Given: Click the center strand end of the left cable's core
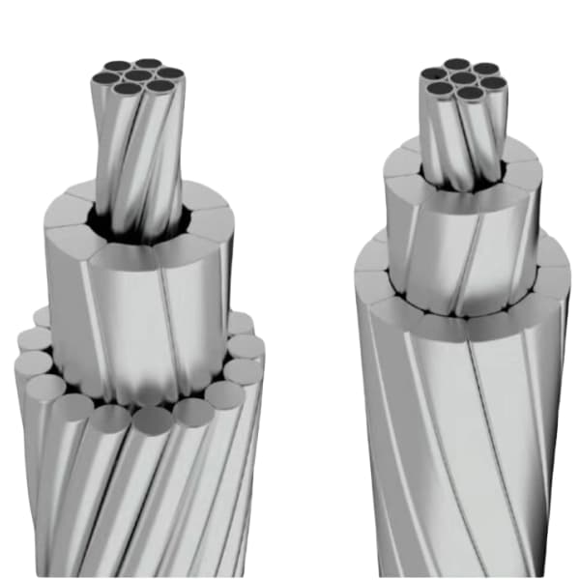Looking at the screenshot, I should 138,76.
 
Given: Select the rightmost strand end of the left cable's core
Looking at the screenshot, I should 171,72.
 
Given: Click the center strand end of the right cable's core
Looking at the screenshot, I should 462,77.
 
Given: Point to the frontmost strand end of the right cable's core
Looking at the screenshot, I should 471,93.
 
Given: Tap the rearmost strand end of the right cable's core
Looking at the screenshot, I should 456,65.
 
